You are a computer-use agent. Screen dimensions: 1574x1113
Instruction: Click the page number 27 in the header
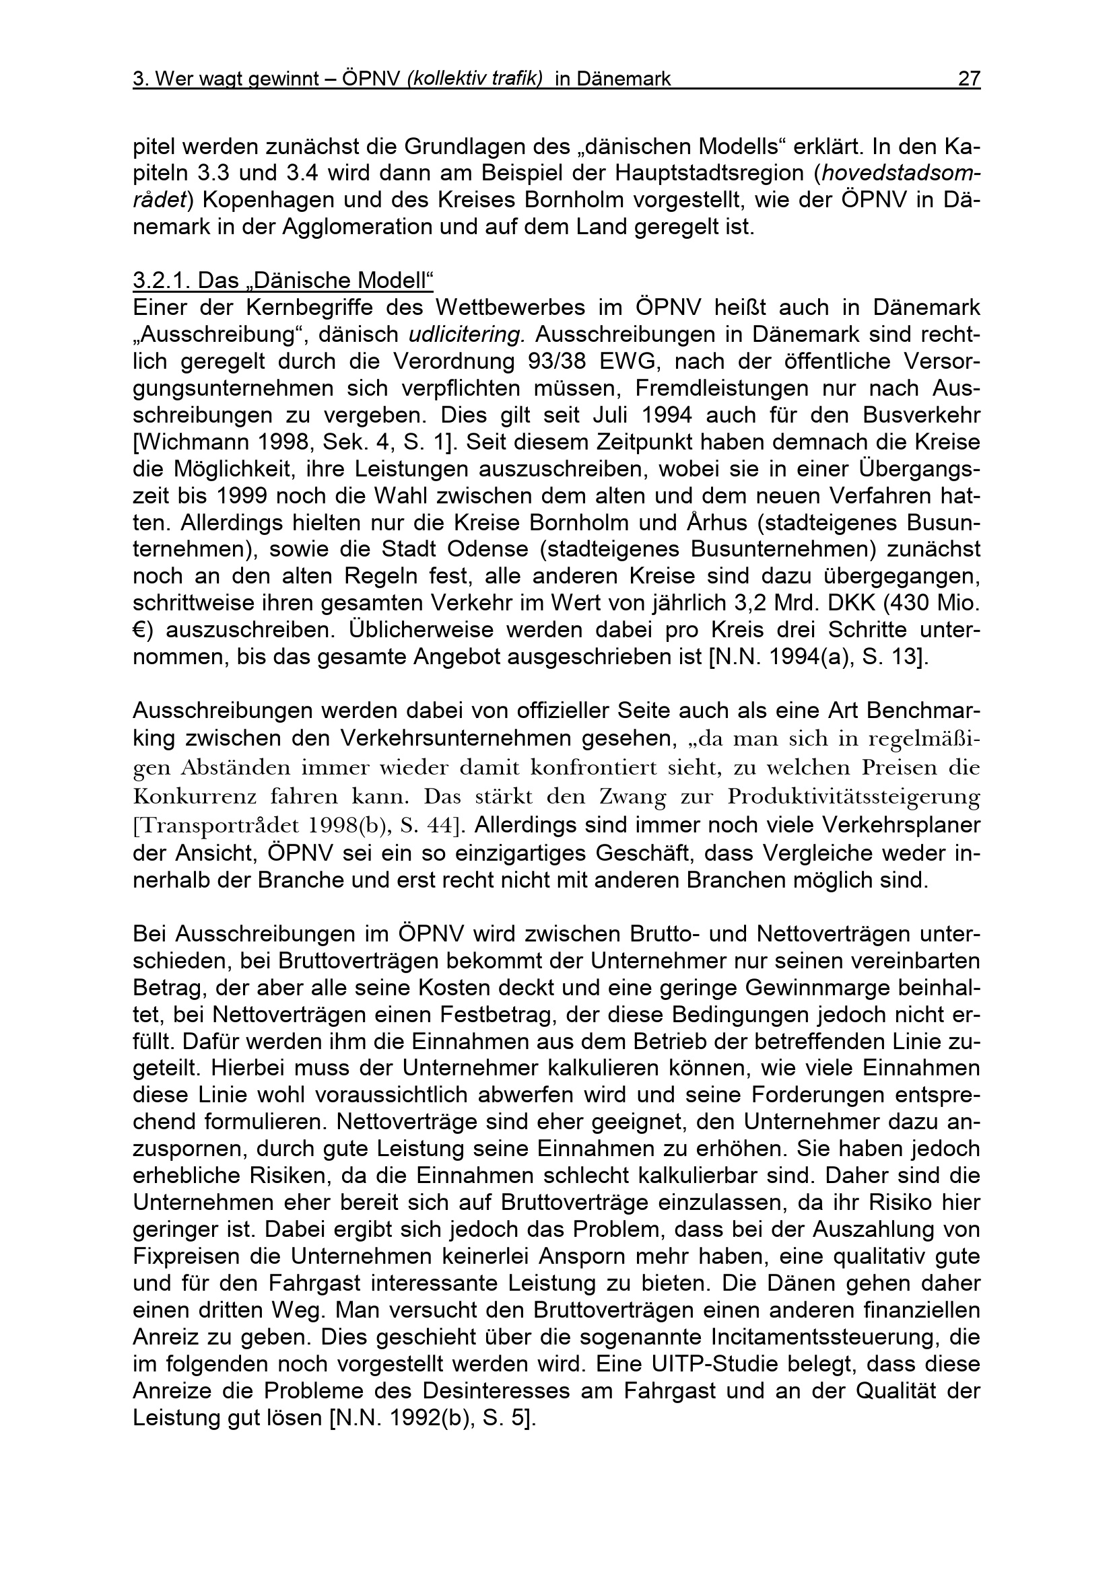pyautogui.click(x=968, y=79)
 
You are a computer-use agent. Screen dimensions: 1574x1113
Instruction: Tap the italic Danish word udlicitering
pyautogui.click(x=467, y=334)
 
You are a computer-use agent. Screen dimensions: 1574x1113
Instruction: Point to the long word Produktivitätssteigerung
pyautogui.click(x=854, y=797)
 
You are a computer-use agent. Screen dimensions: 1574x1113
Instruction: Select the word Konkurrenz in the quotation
pyautogui.click(x=196, y=797)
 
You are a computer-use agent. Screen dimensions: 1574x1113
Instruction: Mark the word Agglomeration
pyautogui.click(x=357, y=227)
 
